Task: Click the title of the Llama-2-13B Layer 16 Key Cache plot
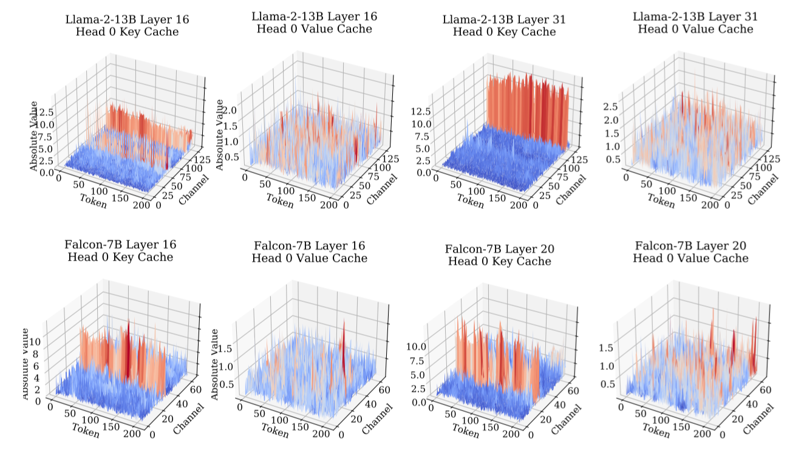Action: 127,25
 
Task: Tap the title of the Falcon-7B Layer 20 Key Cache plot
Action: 500,255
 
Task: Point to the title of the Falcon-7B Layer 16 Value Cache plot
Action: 310,251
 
